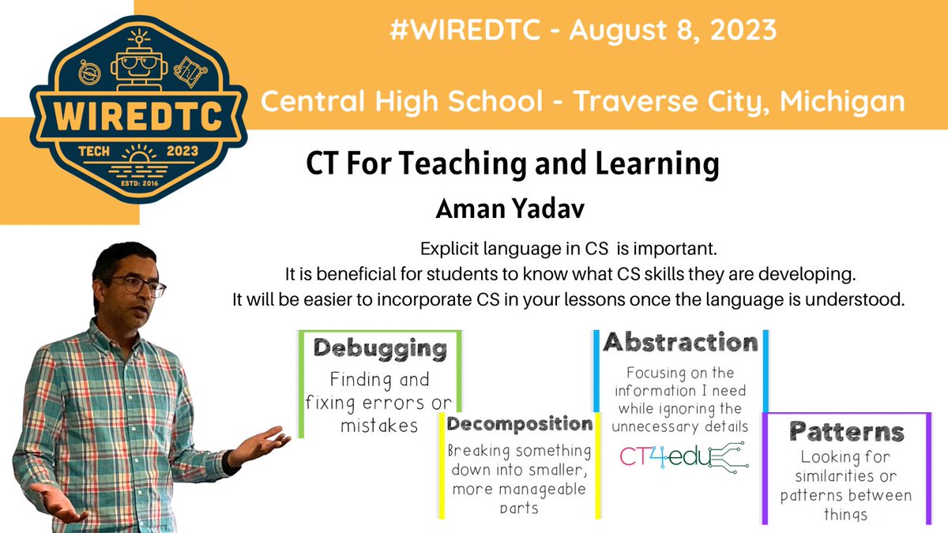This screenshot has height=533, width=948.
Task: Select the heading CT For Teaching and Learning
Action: pos(512,166)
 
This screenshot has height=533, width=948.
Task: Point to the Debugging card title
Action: pos(380,348)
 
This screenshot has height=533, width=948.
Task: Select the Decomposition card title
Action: pos(519,425)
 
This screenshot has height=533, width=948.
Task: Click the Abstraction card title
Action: pos(680,343)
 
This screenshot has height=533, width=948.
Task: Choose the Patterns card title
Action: pos(846,431)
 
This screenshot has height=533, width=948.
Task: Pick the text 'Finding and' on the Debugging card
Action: pos(379,379)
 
